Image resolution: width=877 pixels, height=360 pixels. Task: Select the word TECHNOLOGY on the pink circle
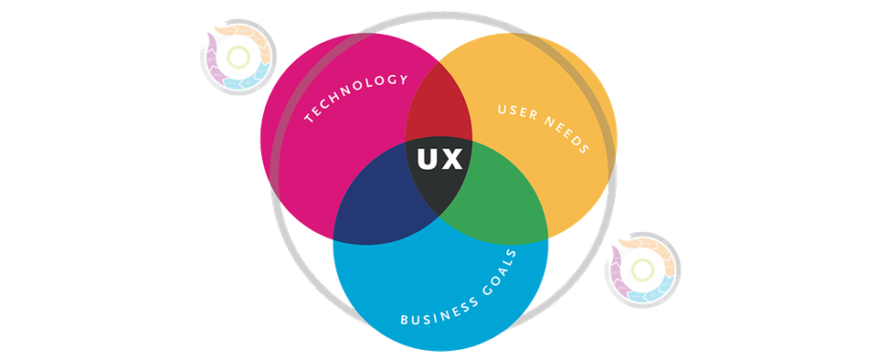point(355,97)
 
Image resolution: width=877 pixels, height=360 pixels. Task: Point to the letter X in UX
point(454,159)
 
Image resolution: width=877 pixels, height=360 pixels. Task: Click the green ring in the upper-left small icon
point(238,58)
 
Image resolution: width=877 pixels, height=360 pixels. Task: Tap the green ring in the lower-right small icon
point(643,269)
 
